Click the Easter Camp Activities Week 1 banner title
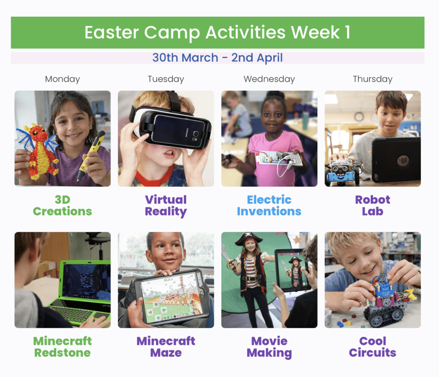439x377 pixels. coord(217,33)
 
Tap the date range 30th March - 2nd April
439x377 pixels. coord(217,57)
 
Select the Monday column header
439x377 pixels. coord(63,79)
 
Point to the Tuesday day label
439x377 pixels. coord(166,79)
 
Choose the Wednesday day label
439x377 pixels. coord(269,79)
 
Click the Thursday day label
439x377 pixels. coord(373,79)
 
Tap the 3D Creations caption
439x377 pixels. coord(63,206)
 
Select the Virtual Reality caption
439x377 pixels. coord(166,206)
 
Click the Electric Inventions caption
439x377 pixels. coord(269,206)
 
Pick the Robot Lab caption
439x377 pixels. coord(373,206)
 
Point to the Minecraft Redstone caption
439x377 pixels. coord(63,347)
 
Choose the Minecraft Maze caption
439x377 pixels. coord(166,347)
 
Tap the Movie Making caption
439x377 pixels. coord(269,347)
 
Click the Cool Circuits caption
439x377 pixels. coord(373,347)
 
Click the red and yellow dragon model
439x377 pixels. coord(39,151)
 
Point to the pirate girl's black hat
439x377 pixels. coord(249,239)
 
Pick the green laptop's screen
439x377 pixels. coord(86,281)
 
